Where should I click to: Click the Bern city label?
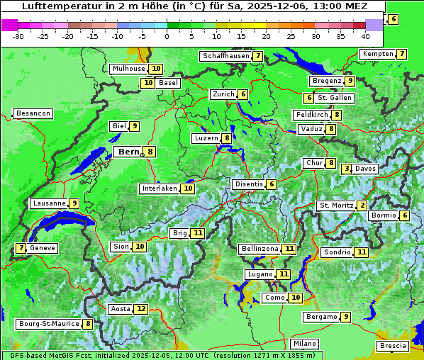(128, 152)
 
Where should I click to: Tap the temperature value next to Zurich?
(243, 94)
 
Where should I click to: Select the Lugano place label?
(259, 274)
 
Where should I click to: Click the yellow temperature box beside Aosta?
(142, 309)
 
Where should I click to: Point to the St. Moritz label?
(336, 206)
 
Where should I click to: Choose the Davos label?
(366, 169)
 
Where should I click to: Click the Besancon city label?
(33, 113)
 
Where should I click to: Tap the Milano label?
(305, 344)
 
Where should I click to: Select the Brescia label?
(393, 346)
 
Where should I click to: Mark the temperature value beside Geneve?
(21, 248)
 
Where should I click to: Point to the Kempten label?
(377, 54)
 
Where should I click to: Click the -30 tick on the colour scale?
(18, 35)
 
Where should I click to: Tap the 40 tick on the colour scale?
(365, 35)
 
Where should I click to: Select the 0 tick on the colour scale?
(167, 35)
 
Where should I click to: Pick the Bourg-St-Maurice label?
(48, 324)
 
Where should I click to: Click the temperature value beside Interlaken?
(188, 189)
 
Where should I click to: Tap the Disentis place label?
(249, 184)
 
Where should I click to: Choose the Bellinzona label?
(260, 249)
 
